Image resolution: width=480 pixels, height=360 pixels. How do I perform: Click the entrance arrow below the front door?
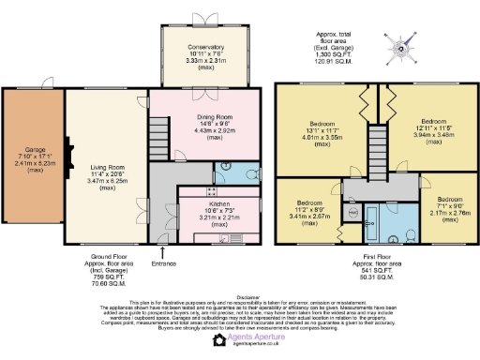(165, 251)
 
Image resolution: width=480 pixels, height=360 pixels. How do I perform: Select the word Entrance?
(165, 263)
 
